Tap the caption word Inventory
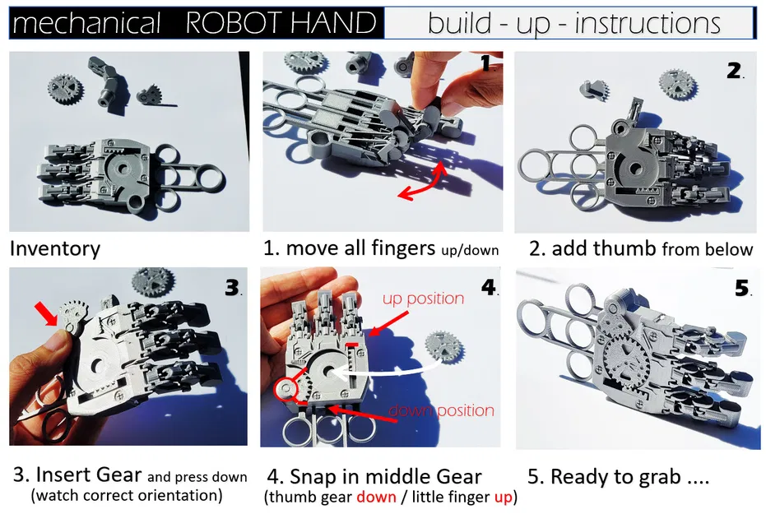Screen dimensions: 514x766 pyautogui.click(x=54, y=248)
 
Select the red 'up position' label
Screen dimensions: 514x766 pyautogui.click(x=423, y=299)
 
